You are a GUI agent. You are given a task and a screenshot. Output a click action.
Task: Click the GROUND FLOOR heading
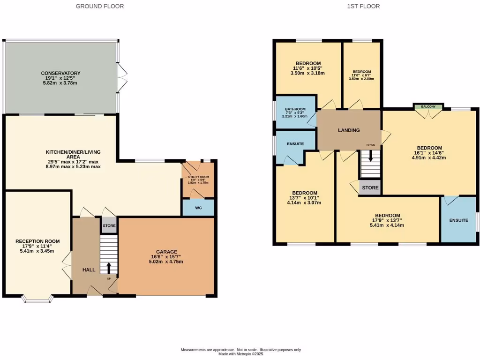pyautogui.click(x=100, y=6)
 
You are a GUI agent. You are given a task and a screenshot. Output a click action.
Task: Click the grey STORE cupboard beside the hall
pyautogui.click(x=109, y=225)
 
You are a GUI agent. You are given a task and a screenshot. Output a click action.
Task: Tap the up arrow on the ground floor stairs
pyautogui.click(x=109, y=268)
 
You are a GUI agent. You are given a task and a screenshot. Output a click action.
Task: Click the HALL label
pyautogui.click(x=89, y=270)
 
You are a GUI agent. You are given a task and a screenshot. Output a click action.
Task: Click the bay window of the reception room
pyautogui.click(x=38, y=299)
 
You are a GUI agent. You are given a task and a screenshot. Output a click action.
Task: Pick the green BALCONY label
pyautogui.click(x=427, y=106)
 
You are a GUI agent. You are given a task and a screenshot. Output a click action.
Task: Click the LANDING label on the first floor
pyautogui.click(x=349, y=130)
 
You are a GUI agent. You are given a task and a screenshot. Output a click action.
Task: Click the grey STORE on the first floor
pyautogui.click(x=370, y=188)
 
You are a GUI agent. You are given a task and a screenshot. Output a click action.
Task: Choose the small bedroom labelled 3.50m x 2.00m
pyautogui.click(x=361, y=79)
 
